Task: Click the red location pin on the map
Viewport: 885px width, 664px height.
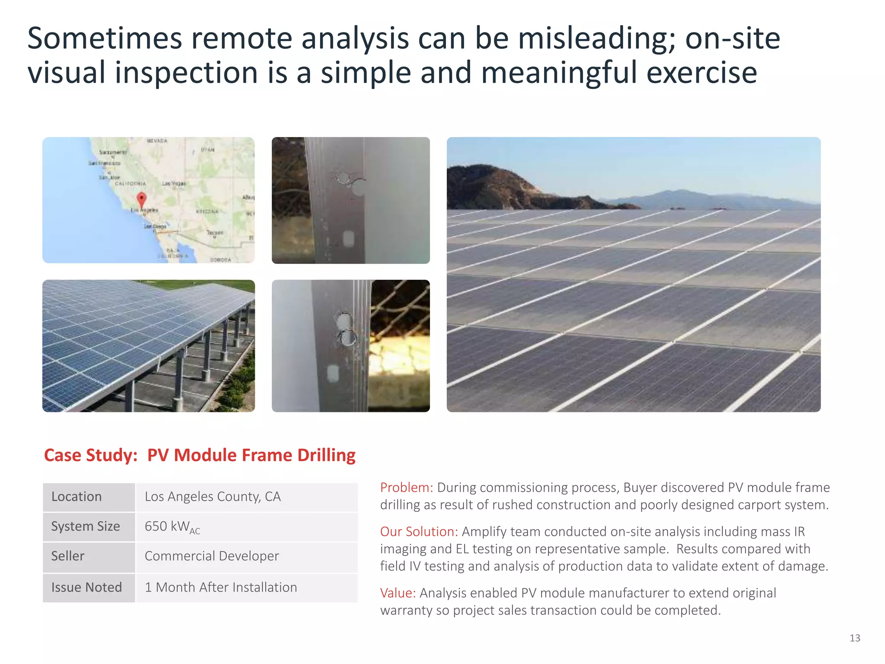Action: pos(141,200)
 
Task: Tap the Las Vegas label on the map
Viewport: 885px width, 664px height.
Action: pos(174,184)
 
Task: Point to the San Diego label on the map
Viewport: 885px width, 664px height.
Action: pos(155,226)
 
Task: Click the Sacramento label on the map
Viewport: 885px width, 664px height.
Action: pos(113,152)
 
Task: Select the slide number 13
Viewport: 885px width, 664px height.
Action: pos(854,638)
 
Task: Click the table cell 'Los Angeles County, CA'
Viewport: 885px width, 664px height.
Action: pos(213,497)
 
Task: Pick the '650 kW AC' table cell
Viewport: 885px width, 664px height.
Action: pos(172,527)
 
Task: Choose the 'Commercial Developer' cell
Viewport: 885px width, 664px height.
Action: pos(212,556)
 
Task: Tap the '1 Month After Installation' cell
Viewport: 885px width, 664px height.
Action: pos(221,587)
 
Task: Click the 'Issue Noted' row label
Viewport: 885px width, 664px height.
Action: pos(86,587)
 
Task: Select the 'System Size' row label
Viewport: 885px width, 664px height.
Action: pos(86,527)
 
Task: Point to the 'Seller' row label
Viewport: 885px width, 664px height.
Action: pos(68,556)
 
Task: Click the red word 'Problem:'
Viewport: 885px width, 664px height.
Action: pos(406,488)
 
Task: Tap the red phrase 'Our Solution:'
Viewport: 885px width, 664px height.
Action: pos(419,532)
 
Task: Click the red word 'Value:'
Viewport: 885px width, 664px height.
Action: pos(398,593)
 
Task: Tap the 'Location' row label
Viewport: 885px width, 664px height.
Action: pos(76,497)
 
